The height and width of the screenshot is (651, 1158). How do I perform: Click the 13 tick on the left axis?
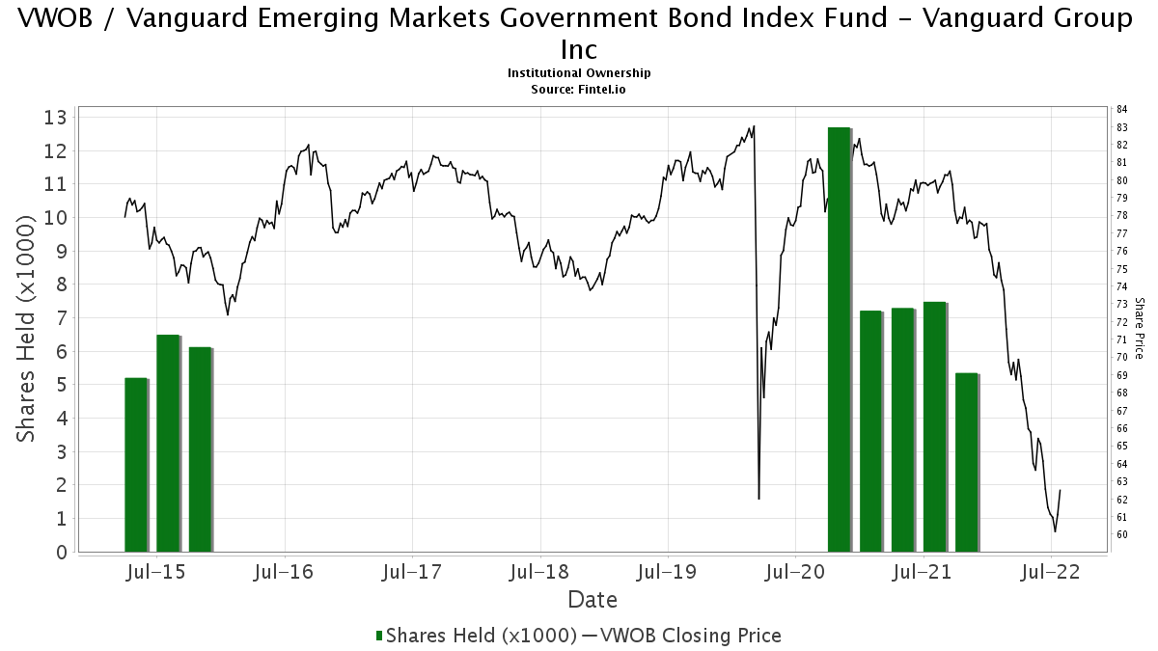[57, 118]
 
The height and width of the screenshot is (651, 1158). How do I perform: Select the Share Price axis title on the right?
[1140, 328]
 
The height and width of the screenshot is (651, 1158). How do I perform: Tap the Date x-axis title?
[593, 600]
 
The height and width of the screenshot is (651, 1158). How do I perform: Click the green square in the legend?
[379, 636]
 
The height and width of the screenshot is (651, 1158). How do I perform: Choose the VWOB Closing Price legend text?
[689, 636]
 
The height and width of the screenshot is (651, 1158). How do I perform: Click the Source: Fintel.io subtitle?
[579, 89]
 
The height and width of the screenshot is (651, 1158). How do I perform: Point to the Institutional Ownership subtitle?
[579, 73]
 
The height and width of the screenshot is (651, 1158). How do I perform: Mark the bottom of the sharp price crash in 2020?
[759, 499]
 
